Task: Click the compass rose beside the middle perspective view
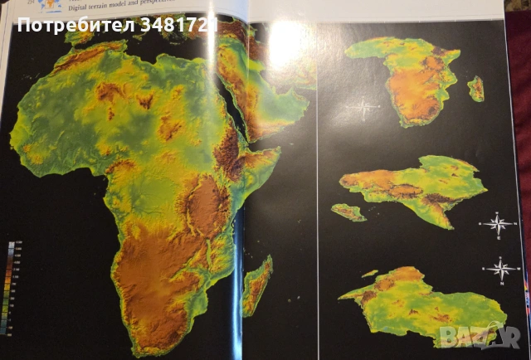pos(497,223)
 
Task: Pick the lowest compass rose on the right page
pos(500,268)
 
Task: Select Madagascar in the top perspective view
pos(476,88)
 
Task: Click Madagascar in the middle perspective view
pos(349,212)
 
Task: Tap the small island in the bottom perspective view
pos(369,274)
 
